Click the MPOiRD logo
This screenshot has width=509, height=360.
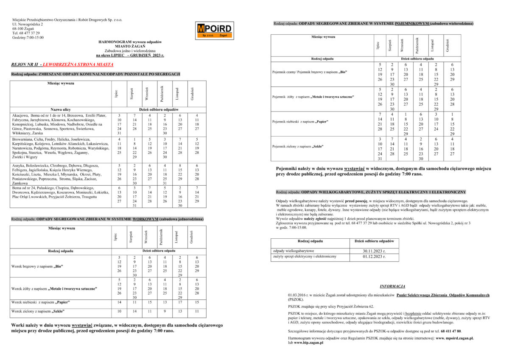pyautogui.click(x=215, y=30)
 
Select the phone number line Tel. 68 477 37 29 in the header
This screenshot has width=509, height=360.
pyautogui.click(x=26, y=33)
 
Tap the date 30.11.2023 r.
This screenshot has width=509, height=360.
pyautogui.click(x=375, y=251)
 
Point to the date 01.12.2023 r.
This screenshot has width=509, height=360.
pyautogui.click(x=375, y=257)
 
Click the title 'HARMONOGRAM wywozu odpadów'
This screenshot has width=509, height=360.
pyautogui.click(x=132, y=42)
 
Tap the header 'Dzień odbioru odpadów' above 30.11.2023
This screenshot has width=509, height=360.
pyautogui.click(x=375, y=241)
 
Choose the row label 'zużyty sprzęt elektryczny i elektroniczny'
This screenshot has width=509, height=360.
pyautogui.click(x=305, y=257)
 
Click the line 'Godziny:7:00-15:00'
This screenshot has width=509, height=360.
pyautogui.click(x=28, y=37)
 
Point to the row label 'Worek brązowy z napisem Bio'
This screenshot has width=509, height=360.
pyautogui.click(x=37, y=267)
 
